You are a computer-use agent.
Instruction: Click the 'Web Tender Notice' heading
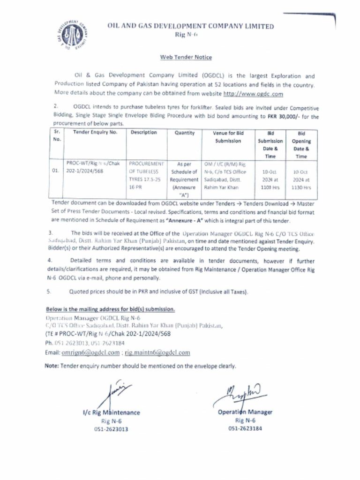[x=186, y=57]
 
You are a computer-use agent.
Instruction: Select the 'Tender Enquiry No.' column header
[x=95, y=133]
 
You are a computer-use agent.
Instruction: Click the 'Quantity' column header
[x=184, y=133]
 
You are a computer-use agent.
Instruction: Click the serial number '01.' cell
[x=55, y=172]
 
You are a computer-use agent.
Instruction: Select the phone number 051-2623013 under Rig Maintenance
[x=111, y=429]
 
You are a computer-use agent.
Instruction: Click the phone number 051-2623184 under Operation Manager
[x=245, y=428]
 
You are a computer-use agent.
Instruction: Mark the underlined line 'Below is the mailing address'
[x=110, y=309]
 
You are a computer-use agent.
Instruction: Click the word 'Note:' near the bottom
[x=52, y=366]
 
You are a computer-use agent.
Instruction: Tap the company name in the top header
[x=190, y=27]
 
